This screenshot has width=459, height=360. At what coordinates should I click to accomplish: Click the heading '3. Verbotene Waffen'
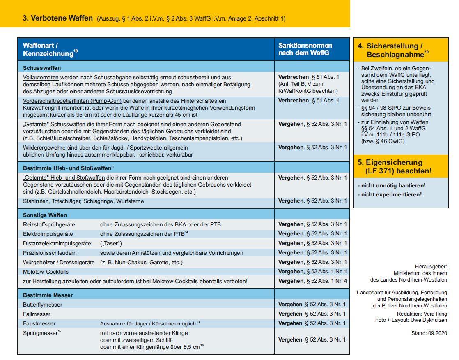[57, 18]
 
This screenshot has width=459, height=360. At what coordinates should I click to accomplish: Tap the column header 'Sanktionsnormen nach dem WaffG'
[305, 49]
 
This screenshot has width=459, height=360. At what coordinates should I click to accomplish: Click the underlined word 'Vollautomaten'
[41, 77]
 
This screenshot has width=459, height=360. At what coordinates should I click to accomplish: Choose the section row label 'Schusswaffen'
[42, 67]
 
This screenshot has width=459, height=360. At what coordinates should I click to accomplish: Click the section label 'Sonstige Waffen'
[45, 215]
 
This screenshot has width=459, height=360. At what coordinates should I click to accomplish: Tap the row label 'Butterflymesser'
[43, 305]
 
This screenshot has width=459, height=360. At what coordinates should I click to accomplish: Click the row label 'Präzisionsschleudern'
[50, 253]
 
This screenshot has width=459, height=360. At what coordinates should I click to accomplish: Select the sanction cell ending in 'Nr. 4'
[312, 281]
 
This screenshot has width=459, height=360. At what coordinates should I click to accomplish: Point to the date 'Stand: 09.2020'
[429, 333]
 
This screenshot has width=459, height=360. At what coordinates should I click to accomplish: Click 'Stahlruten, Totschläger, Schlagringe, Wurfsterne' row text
[83, 201]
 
